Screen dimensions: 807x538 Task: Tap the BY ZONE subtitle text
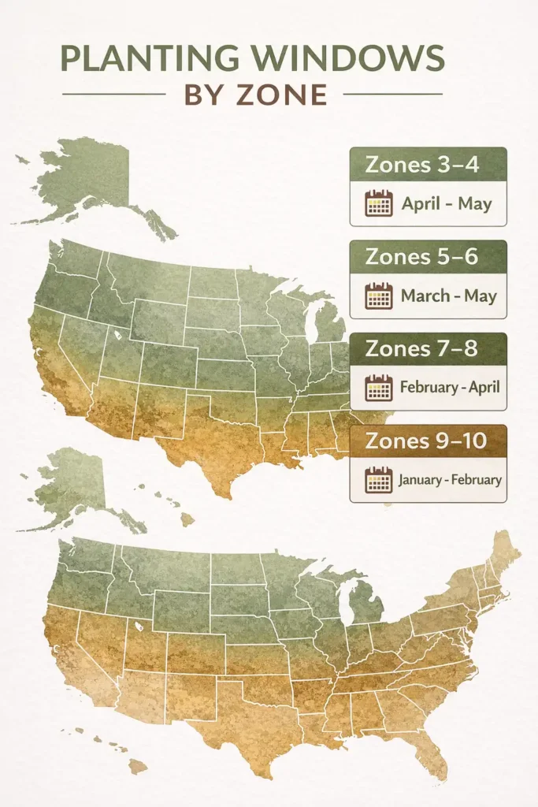[255, 95]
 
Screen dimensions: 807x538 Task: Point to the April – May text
[447, 203]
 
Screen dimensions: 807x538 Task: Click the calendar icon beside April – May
[379, 203]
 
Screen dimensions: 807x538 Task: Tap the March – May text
[449, 296]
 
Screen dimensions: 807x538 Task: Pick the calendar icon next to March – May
[379, 296]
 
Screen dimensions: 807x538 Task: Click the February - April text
[450, 388]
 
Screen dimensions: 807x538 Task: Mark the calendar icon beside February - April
[379, 388]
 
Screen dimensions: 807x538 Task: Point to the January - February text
[450, 479]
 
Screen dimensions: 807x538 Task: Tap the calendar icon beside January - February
[379, 479]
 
